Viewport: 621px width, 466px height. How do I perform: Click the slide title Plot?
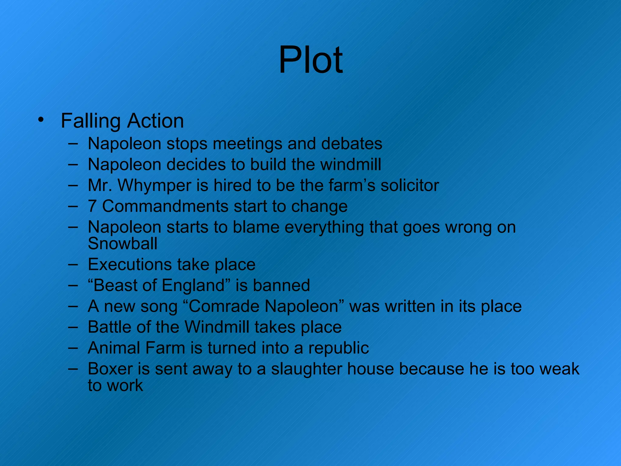tap(310, 60)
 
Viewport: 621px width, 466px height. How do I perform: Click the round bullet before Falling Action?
tap(41, 120)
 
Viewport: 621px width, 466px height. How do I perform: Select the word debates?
tap(351, 144)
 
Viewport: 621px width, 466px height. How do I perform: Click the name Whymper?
tap(154, 186)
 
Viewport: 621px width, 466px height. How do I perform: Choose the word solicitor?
tap(410, 185)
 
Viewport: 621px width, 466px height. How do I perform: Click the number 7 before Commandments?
tap(92, 206)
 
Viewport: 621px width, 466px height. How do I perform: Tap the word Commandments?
tap(165, 206)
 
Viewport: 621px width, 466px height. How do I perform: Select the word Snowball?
tap(123, 243)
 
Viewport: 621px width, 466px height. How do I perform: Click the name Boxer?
tap(110, 369)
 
